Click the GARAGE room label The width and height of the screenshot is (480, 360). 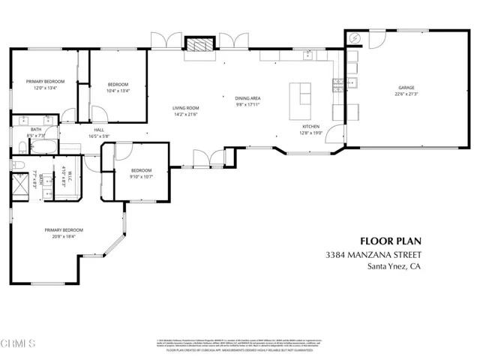pos(406,88)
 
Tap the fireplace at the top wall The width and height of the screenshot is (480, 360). pos(199,46)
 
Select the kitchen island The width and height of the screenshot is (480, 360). pos(304,94)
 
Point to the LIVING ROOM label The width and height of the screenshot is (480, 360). pos(185,109)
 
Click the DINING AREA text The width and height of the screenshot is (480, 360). pos(247,99)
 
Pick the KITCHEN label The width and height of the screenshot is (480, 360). pos(311,127)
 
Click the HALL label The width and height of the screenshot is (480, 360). pos(99,130)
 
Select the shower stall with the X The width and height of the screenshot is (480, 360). pos(19,184)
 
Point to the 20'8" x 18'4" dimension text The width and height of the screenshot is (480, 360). pos(63,236)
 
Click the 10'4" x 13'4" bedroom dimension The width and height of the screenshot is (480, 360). pos(118,91)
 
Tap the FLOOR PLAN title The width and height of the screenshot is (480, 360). pos(391,241)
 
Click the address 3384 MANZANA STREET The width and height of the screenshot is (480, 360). pos(373,256)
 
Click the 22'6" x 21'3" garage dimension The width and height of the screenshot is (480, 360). pos(406,94)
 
